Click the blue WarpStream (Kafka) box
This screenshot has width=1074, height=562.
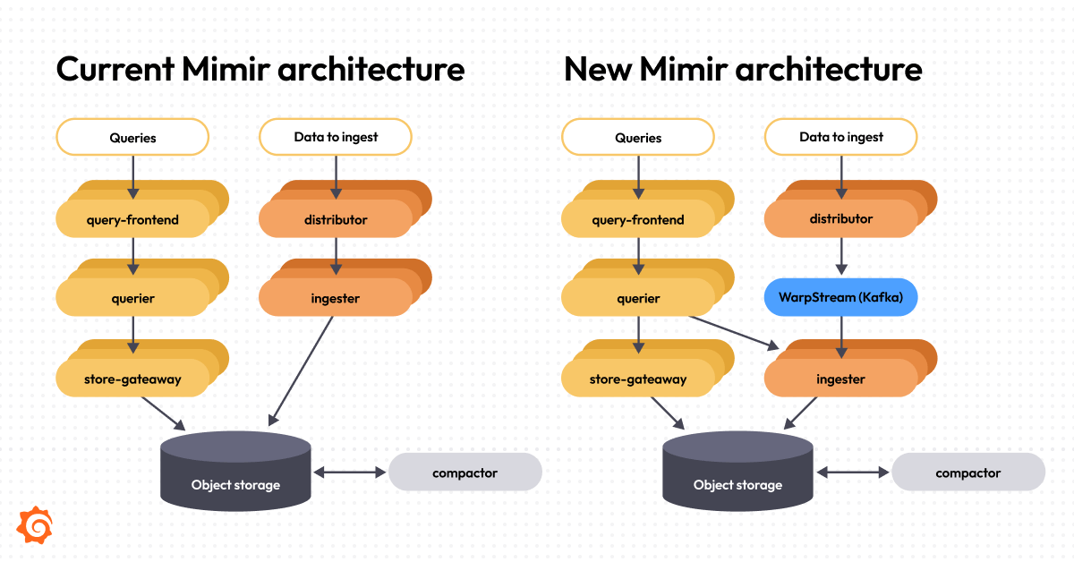840,297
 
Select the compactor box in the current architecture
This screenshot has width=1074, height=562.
465,472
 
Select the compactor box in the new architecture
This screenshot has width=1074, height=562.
968,472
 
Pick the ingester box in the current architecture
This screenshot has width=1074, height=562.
336,298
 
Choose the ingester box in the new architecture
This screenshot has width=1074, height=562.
840,379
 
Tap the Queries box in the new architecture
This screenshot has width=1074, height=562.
637,137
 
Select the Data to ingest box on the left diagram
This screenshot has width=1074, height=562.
336,137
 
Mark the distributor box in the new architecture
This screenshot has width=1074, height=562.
840,218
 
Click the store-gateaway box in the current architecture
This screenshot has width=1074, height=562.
133,379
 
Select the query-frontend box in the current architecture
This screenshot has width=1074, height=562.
133,219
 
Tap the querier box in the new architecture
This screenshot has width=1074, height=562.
637,298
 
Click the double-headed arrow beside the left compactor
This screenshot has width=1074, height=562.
349,472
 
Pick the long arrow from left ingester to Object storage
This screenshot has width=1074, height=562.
302,369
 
